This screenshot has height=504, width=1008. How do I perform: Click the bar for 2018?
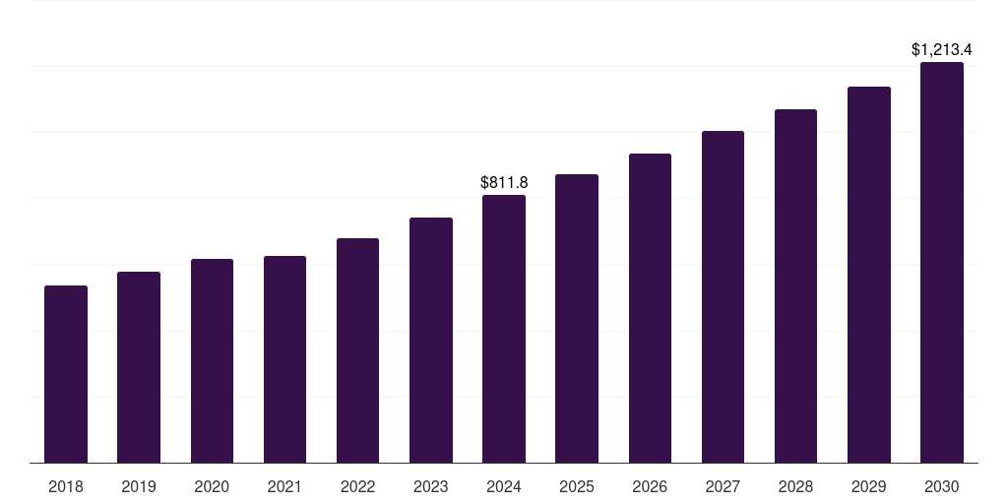click(x=66, y=374)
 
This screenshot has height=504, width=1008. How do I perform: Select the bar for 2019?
click(x=139, y=367)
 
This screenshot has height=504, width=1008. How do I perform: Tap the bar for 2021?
click(x=284, y=359)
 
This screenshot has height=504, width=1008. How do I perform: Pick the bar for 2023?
click(x=431, y=340)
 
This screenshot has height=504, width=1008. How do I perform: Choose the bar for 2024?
click(x=504, y=329)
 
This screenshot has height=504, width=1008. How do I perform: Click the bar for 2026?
click(x=650, y=308)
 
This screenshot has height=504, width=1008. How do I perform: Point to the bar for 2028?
click(x=795, y=285)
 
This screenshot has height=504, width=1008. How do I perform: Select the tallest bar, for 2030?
click(x=942, y=262)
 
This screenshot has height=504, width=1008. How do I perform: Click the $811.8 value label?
click(x=504, y=182)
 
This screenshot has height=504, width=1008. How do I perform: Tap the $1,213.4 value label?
click(x=942, y=49)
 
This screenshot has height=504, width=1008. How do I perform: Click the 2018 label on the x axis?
click(x=66, y=486)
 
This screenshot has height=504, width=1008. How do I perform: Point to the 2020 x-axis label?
click(x=212, y=486)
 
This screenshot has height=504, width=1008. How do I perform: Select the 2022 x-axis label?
click(x=357, y=486)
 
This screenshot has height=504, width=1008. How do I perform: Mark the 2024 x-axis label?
click(x=504, y=486)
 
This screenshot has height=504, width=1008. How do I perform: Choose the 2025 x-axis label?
click(x=577, y=486)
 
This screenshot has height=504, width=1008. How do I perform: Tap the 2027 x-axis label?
click(x=723, y=486)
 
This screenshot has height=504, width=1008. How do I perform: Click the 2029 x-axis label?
click(x=869, y=486)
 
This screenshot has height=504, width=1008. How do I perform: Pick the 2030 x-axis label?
click(x=942, y=486)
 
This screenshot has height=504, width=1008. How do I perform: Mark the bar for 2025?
click(x=577, y=318)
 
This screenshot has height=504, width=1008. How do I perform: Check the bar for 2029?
click(x=869, y=275)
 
